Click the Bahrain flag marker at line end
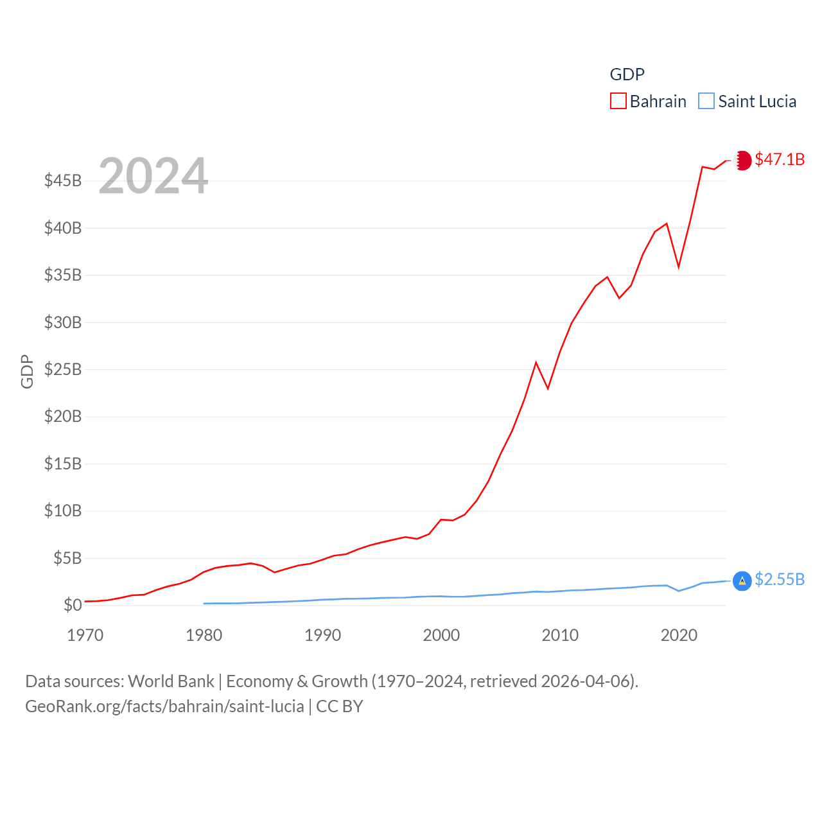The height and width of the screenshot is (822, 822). (x=743, y=160)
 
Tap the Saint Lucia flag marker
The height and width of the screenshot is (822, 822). (x=742, y=581)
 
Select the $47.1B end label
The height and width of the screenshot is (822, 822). (x=780, y=159)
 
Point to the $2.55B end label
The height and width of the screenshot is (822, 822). (x=780, y=579)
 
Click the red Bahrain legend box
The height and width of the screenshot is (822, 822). (x=618, y=101)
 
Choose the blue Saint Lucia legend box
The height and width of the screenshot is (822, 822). (x=706, y=101)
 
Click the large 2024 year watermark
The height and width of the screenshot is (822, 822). (x=153, y=175)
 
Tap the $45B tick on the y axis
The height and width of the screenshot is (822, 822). (x=63, y=180)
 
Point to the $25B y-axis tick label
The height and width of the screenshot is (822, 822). (x=63, y=369)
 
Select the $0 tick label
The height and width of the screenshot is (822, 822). (x=73, y=605)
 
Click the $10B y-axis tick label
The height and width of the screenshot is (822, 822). (x=63, y=511)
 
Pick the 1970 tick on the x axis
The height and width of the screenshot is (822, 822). (x=85, y=635)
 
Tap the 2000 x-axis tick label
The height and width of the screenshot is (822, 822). (x=441, y=635)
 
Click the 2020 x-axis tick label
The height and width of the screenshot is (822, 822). (x=679, y=635)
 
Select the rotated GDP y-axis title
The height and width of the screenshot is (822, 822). (x=27, y=371)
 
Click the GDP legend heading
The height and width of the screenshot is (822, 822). (x=627, y=74)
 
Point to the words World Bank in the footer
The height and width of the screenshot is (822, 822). (x=171, y=681)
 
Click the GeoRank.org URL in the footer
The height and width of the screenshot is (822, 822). (x=164, y=706)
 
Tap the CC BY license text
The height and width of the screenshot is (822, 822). (x=340, y=706)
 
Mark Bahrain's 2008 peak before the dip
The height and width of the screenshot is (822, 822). (x=536, y=363)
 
